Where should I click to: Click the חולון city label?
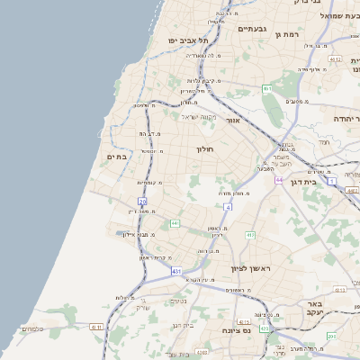(205, 148)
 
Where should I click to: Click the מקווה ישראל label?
(200, 116)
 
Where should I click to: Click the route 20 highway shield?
(142, 202)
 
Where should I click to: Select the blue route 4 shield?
(229, 207)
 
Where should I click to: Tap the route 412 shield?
(250, 235)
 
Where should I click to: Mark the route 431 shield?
(176, 270)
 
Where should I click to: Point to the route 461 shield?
(267, 88)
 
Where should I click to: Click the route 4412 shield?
(335, 59)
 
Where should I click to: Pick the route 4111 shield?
(96, 327)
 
